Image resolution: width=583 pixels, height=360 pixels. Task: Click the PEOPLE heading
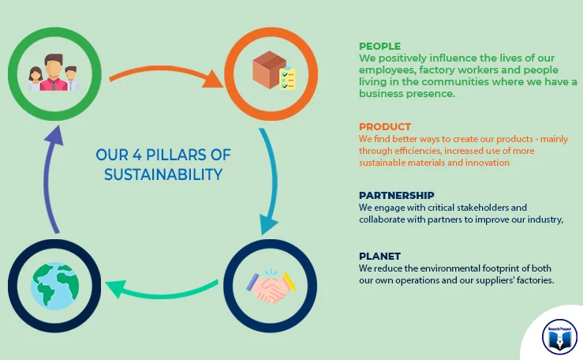(379, 46)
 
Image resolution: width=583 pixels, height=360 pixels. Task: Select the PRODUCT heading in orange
(385, 127)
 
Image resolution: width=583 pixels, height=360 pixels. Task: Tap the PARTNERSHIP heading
(396, 195)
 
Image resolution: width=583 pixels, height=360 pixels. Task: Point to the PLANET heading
(379, 257)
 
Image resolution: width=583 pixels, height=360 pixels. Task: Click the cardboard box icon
(269, 69)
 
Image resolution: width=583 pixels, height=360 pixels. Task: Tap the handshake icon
(271, 286)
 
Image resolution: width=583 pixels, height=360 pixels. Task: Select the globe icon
(54, 286)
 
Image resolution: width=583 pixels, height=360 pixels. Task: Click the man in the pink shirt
(54, 73)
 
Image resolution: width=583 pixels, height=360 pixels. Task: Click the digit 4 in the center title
(137, 155)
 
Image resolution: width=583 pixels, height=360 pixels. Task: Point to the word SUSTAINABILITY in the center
(163, 174)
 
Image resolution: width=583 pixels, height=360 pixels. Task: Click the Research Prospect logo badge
(559, 337)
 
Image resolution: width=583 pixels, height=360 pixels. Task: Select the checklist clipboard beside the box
(287, 78)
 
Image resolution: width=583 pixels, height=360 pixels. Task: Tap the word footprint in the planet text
(499, 268)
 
